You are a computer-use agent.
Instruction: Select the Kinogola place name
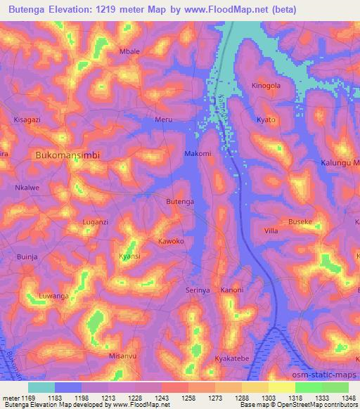tap(266, 86)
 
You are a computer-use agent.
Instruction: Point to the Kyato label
tap(266, 119)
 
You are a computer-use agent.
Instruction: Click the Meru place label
tap(163, 119)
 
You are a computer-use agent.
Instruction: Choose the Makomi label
tap(198, 153)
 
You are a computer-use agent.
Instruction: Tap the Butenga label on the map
tap(179, 202)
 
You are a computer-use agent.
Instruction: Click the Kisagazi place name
tap(27, 119)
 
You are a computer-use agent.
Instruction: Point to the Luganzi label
tap(96, 221)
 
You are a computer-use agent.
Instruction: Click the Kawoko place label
tap(171, 241)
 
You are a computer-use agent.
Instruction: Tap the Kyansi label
tap(129, 256)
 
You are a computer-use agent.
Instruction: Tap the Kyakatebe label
tap(231, 358)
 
